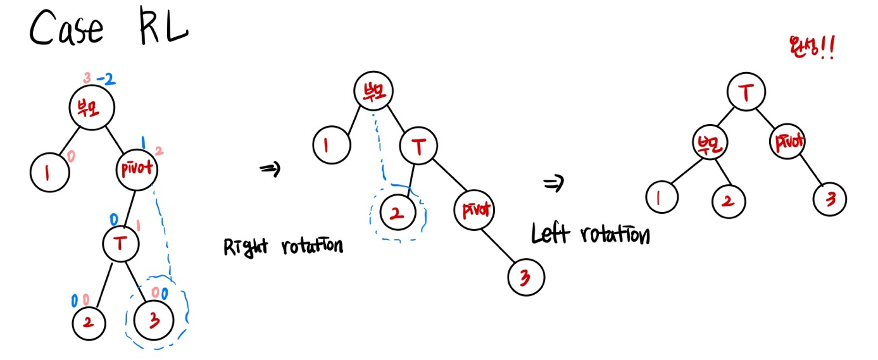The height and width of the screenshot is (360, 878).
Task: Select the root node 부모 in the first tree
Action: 92,108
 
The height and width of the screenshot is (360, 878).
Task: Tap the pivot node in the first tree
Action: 137,169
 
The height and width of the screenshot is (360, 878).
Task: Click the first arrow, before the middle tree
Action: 270,169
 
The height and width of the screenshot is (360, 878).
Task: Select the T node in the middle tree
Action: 418,147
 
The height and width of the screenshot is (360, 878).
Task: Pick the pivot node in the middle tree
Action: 473,209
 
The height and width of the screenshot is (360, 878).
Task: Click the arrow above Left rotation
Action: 553,184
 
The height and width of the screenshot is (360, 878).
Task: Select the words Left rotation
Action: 590,235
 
